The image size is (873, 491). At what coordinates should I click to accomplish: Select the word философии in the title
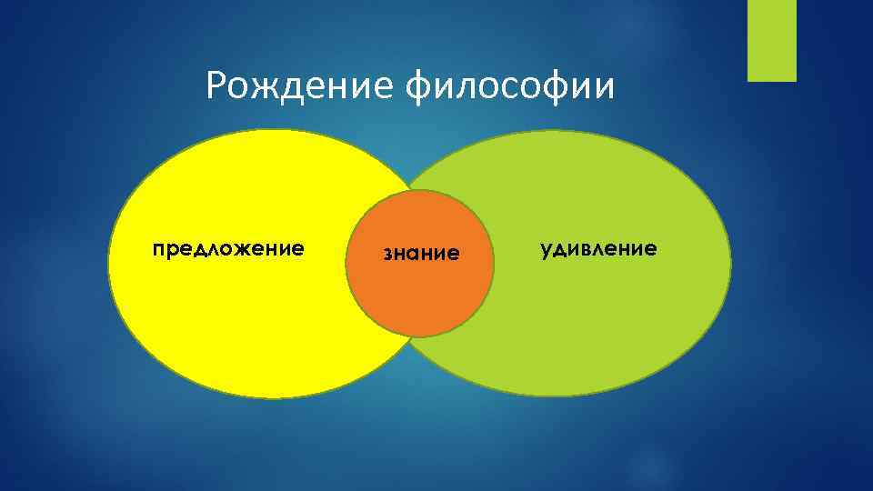[x=509, y=87]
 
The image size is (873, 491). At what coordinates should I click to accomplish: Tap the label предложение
[x=228, y=248]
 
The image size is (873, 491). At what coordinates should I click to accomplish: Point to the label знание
[x=421, y=254]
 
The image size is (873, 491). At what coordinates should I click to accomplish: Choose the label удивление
[x=597, y=248]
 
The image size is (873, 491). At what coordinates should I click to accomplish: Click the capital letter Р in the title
[x=216, y=86]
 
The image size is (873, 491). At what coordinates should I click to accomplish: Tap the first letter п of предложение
[x=157, y=248]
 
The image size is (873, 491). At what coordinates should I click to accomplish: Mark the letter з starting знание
[x=386, y=254]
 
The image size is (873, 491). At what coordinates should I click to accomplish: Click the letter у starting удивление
[x=546, y=249]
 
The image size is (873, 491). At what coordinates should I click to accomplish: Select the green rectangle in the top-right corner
[x=771, y=40]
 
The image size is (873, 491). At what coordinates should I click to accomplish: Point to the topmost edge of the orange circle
[x=421, y=190]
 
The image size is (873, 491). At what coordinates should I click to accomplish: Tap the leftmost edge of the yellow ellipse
[x=108, y=264]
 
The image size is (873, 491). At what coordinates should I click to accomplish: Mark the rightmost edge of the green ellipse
[x=731, y=264]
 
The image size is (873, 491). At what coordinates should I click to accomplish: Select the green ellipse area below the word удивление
[x=591, y=327]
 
